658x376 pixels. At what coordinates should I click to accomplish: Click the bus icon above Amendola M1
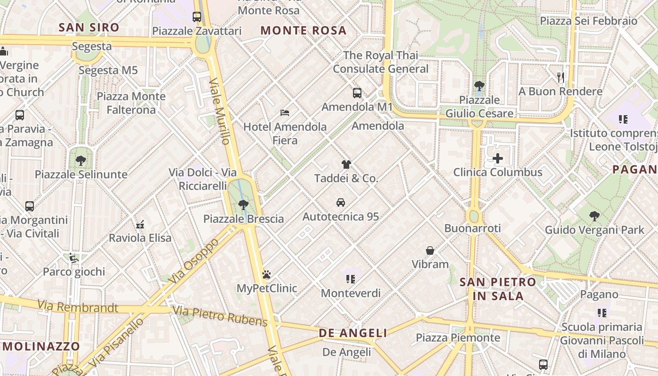click(357, 93)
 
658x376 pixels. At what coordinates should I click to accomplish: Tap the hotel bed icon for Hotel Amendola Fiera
click(285, 113)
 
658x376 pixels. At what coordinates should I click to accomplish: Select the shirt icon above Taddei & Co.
click(346, 164)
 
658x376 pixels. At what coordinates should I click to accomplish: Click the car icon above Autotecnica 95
click(341, 203)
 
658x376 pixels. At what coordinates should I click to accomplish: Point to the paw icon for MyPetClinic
click(266, 274)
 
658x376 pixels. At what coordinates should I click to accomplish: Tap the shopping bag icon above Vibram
click(430, 251)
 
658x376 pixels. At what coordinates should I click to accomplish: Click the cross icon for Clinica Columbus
click(498, 158)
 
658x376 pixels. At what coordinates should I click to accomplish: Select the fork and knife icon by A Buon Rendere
click(560, 77)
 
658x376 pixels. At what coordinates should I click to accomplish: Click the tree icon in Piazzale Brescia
click(243, 205)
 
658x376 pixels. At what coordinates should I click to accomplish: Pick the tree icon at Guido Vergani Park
click(595, 216)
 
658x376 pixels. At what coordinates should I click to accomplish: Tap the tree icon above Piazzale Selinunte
click(81, 160)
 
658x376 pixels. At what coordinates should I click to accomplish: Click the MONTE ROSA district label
click(304, 31)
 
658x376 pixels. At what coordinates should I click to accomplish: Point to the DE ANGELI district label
click(353, 333)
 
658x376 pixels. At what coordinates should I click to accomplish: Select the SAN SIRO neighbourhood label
click(89, 28)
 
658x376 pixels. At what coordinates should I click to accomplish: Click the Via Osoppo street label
click(194, 261)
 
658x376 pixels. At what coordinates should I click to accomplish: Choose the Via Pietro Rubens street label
click(219, 316)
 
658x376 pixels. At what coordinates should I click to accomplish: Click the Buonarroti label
click(473, 228)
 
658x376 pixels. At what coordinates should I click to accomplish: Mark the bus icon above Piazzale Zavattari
click(197, 17)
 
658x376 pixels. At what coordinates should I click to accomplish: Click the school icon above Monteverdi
click(351, 279)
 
